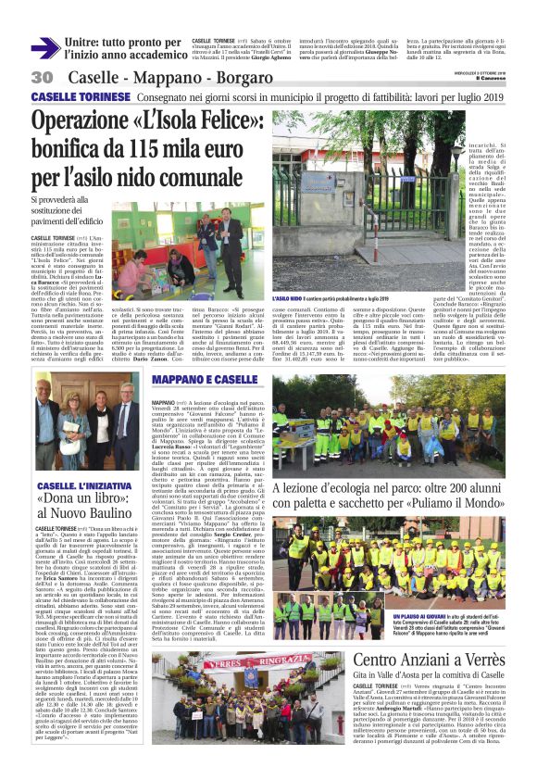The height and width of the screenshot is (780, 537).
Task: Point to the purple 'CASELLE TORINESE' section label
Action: (x=71, y=97)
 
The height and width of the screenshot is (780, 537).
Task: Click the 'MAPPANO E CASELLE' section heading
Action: (x=206, y=381)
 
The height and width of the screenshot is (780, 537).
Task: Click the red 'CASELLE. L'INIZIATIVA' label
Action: (x=71, y=484)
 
